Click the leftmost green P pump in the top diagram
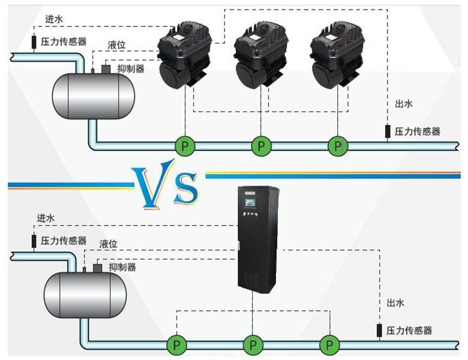tap(185, 145)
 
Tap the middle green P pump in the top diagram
tap(261, 145)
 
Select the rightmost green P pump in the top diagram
tap(338, 145)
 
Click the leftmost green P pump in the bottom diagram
tap(176, 345)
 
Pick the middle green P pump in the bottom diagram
tap(253, 345)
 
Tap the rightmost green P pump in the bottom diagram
tap(329, 345)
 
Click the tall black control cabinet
tap(259, 240)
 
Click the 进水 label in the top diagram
tap(54, 19)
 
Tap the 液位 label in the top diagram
tap(116, 45)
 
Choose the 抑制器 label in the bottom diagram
tap(122, 267)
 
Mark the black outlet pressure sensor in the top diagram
tap(388, 131)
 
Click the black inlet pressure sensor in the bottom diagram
tap(34, 241)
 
